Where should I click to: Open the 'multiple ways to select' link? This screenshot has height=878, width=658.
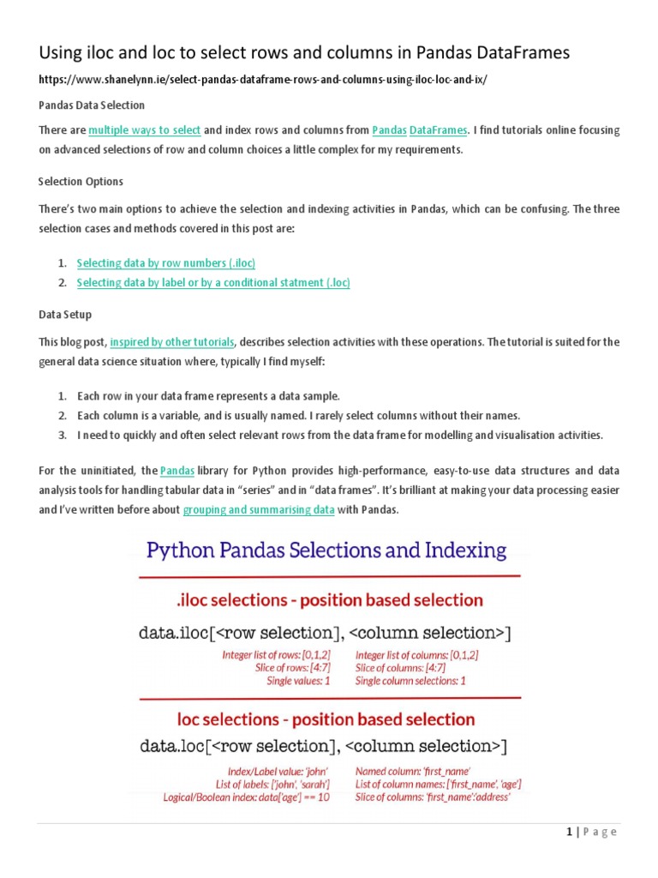tap(144, 130)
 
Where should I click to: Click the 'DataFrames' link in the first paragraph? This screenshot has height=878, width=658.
tap(439, 130)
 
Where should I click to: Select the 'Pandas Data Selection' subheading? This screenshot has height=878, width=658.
tap(93, 105)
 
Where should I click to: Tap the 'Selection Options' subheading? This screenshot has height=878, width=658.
tap(81, 182)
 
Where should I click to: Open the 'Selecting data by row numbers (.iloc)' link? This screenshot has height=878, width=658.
tap(166, 262)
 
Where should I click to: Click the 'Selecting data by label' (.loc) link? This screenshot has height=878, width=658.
tap(213, 283)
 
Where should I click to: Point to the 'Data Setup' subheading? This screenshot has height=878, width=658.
tap(65, 316)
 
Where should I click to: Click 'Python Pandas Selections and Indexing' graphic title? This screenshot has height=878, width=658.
tap(326, 550)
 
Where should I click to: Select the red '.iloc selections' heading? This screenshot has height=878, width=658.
tap(328, 599)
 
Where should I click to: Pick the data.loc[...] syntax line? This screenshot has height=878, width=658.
tap(324, 747)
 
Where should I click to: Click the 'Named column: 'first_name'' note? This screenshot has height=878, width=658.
tap(412, 771)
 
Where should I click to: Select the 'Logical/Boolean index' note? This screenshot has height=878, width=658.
tap(246, 797)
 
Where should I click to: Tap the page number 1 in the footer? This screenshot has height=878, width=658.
tap(568, 832)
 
